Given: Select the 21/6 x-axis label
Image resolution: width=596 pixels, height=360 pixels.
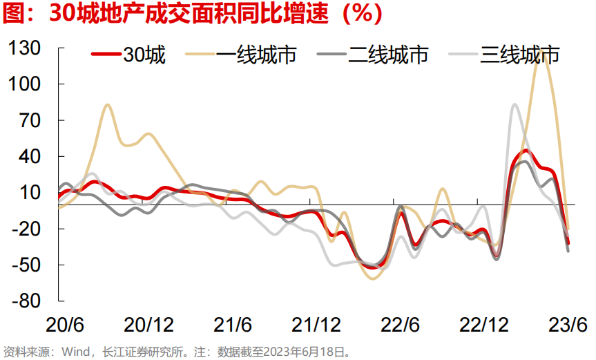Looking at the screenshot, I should tap(232, 324).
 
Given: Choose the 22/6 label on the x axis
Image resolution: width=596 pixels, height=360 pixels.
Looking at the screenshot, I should tap(401, 324).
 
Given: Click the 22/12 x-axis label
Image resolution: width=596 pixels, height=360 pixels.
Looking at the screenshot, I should tap(483, 324).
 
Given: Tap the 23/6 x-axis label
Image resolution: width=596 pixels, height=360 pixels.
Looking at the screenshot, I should tap(568, 324).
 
